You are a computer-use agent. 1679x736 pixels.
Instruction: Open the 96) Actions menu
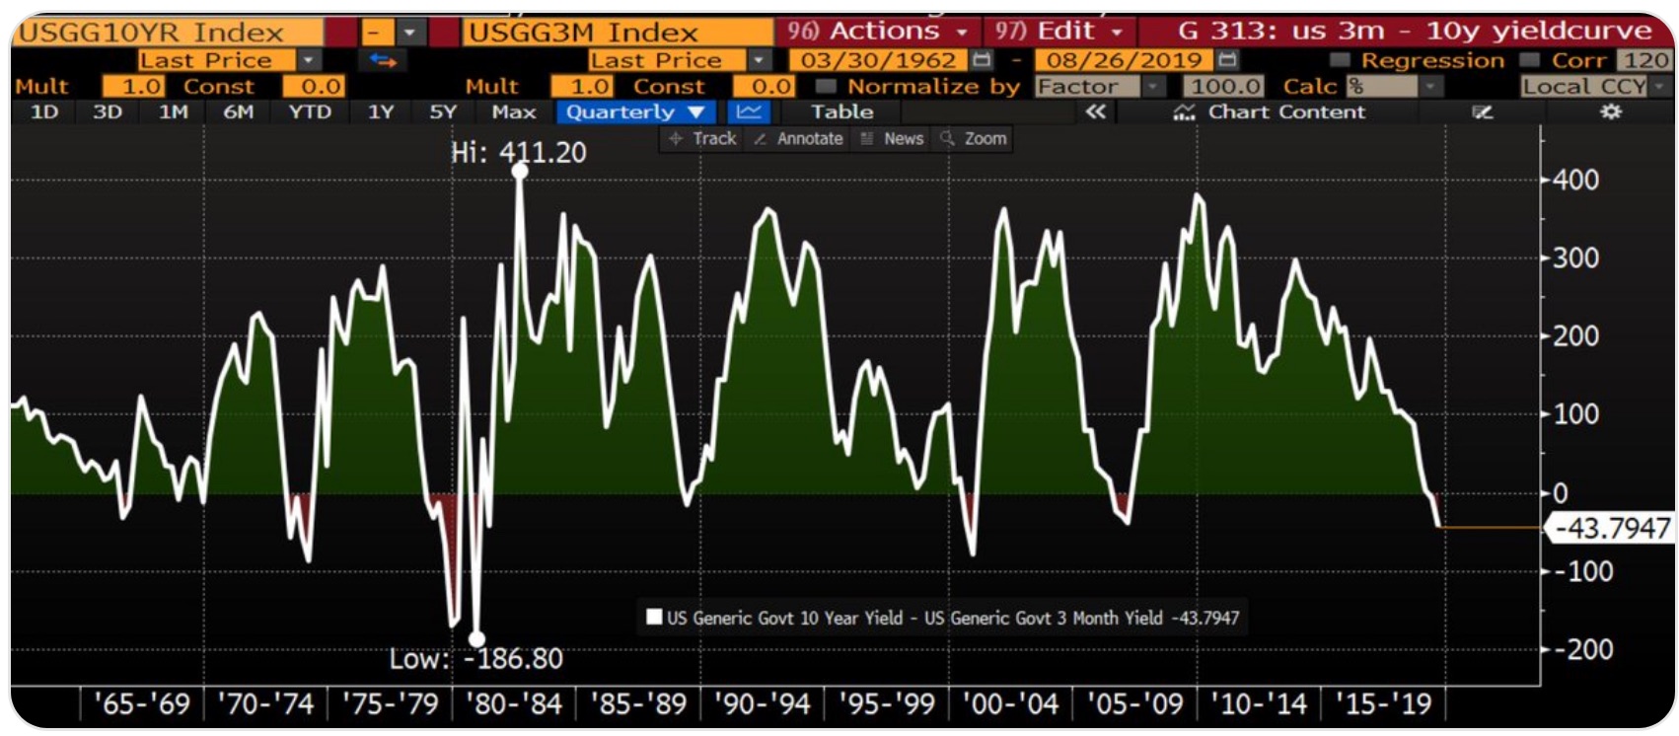(876, 32)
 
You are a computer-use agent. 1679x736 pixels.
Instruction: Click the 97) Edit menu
(1058, 32)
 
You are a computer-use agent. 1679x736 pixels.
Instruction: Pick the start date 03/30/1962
(878, 60)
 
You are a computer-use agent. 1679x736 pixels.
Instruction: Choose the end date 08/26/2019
(1124, 60)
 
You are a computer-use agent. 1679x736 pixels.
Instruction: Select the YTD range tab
(310, 111)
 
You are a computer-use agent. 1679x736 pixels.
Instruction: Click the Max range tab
(513, 111)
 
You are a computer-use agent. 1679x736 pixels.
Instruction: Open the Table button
(841, 111)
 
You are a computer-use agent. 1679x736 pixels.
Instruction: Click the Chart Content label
(1286, 111)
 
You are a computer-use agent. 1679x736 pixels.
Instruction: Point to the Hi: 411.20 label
(518, 153)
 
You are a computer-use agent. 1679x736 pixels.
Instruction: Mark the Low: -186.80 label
(475, 658)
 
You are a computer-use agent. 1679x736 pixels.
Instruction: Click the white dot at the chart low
(476, 639)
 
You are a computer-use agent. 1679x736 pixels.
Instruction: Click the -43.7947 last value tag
(1612, 529)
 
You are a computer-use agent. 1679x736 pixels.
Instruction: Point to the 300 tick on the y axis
(1575, 258)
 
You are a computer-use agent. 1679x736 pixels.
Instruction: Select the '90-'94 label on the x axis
(763, 704)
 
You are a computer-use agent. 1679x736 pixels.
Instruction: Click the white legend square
(653, 618)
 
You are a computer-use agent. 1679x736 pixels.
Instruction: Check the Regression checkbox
(1339, 61)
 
